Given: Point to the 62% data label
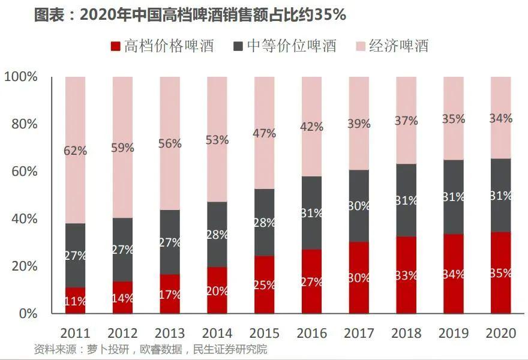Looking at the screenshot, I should pos(76,151).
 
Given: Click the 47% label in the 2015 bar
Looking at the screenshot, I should pos(264,133).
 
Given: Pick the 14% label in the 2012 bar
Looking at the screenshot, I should pos(123,298).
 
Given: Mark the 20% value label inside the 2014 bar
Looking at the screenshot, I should pos(217,291).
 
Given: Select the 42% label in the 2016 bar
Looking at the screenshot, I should pos(311,127).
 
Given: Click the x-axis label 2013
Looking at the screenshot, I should pos(170,333).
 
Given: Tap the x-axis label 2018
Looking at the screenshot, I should pos(406,333).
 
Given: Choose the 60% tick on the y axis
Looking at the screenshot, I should pos(25,172).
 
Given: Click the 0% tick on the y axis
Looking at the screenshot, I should pos(29,313).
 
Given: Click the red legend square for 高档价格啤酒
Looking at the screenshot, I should pos(116,46).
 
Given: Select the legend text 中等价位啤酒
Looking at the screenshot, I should pos(292,46).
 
